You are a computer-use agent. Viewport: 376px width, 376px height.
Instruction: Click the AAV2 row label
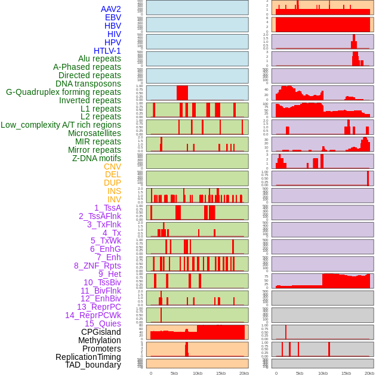click(x=110, y=9)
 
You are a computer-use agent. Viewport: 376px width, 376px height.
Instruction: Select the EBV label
click(x=113, y=17)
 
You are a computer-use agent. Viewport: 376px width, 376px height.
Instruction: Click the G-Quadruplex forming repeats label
click(x=63, y=92)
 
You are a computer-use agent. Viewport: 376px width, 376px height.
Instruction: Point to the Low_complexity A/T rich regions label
click(x=61, y=125)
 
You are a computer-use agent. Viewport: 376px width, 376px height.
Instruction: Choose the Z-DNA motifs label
click(x=97, y=158)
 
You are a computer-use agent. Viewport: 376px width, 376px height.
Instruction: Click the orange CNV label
click(x=112, y=167)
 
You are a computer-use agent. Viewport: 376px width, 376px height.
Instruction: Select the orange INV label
click(x=114, y=199)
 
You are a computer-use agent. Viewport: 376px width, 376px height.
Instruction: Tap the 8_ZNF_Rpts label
click(x=97, y=266)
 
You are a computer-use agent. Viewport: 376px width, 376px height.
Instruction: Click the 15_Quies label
click(x=103, y=323)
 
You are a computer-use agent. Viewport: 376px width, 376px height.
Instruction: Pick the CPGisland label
click(x=101, y=332)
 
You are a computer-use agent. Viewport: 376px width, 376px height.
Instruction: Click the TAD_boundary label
click(x=93, y=365)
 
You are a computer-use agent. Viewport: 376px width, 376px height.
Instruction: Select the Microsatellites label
click(x=94, y=133)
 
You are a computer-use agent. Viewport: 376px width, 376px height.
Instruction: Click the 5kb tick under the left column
click(x=174, y=373)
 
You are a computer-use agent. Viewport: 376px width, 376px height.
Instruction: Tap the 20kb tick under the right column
click(x=369, y=373)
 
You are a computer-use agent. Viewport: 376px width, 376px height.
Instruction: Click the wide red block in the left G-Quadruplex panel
click(x=182, y=93)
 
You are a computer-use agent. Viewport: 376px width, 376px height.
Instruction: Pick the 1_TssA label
click(x=107, y=208)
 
